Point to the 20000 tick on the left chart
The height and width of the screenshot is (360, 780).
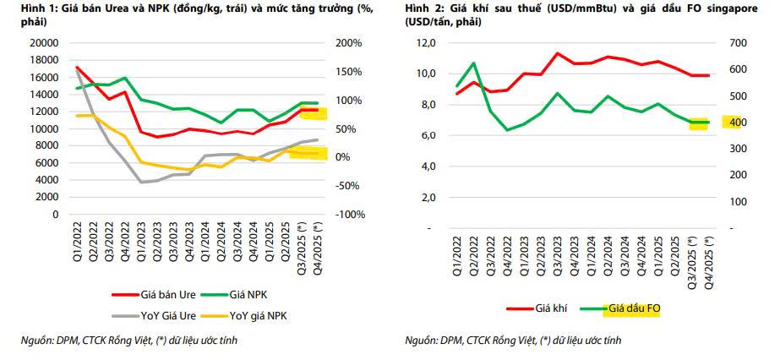[x=42, y=43]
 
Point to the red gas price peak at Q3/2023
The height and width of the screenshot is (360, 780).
[x=558, y=53]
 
